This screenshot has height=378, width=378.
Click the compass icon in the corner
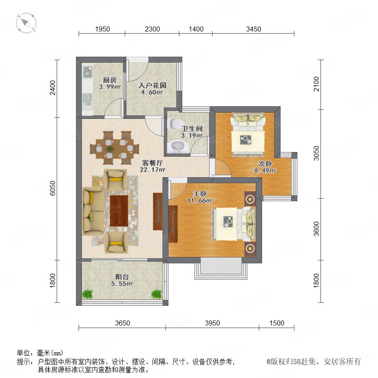coord(26,23)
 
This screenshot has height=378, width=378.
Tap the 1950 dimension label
coord(102,29)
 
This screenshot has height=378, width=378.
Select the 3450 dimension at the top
coord(253,29)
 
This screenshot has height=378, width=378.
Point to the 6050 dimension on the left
coord(52,188)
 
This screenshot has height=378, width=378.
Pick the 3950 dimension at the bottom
coord(213,323)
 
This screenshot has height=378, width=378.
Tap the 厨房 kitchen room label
coord(110,80)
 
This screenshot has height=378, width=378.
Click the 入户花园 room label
coord(152,85)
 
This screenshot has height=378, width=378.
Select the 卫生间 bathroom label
coord(192,129)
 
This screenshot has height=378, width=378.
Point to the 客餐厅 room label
coord(152,163)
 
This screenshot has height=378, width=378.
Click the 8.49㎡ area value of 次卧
coord(265,171)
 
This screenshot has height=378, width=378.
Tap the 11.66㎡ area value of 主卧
coord(199,201)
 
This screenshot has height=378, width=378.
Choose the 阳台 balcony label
coord(122,277)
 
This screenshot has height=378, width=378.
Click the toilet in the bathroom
coord(174,123)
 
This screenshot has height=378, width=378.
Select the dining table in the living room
coord(115,148)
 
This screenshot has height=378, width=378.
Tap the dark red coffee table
coord(119,211)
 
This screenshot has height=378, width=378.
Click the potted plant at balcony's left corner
coord(87,294)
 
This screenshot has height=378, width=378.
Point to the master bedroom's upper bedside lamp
coord(250,199)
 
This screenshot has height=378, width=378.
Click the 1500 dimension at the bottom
coord(277,323)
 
